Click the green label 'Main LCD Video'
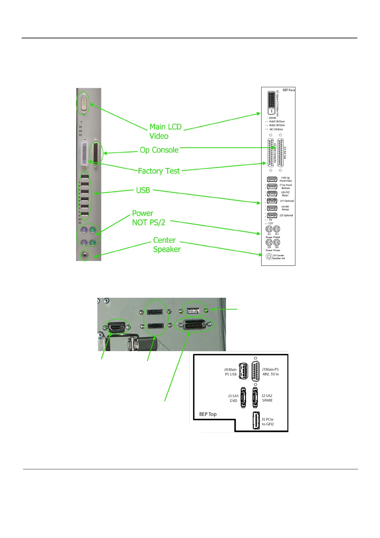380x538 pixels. coord(165,131)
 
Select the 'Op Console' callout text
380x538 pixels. coord(159,150)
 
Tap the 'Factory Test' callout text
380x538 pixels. coord(159,171)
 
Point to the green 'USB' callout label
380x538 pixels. coord(143,190)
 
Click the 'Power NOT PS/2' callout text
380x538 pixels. coord(148,218)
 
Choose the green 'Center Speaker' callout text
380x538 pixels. coord(167,245)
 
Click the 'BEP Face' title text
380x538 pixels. coord(289,90)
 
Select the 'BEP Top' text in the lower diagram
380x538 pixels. coord(208,414)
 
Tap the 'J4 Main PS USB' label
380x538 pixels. coord(231,372)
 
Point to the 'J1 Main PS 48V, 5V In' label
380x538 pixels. coord(270,372)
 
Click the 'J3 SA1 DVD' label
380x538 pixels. coord(233,398)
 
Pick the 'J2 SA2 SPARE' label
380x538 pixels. coord(267,398)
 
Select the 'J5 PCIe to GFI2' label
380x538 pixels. coord(268,422)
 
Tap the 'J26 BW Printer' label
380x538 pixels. coord(285,208)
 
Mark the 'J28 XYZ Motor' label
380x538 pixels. coord(285,194)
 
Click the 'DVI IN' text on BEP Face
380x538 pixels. coord(272,118)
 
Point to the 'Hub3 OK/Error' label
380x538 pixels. coord(277,121)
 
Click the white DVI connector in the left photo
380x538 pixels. coord(84,104)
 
